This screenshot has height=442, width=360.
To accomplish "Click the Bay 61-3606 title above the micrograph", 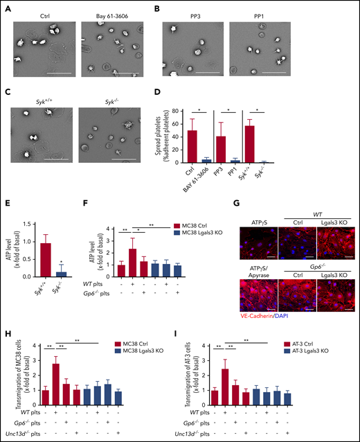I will coord(109,15).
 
